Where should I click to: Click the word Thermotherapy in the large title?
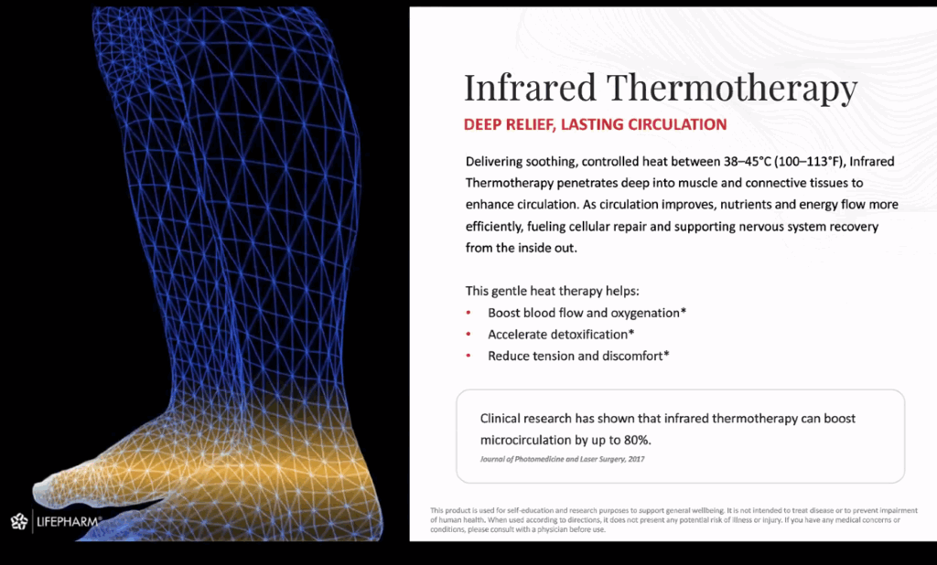point(732,89)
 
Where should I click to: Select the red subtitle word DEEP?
point(484,124)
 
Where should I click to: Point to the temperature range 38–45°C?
point(728,161)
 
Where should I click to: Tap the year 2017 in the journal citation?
point(634,459)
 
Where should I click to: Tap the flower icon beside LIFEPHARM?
point(19,522)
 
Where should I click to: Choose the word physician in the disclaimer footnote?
point(548,528)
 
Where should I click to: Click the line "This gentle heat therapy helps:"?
point(552,291)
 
